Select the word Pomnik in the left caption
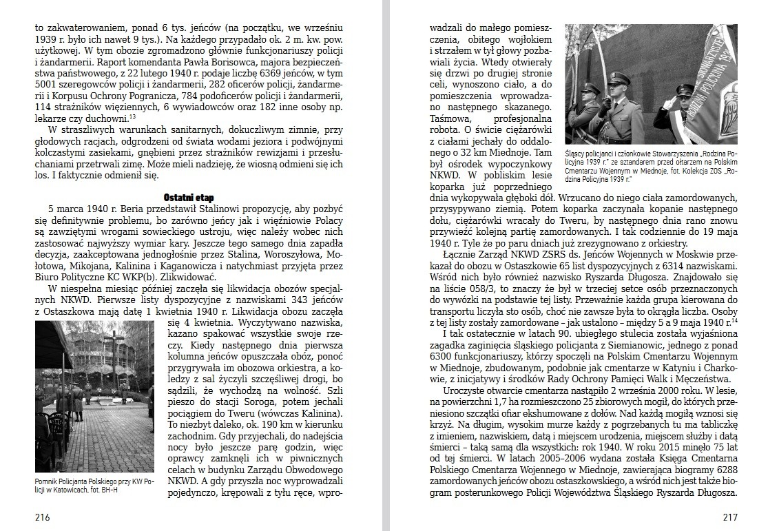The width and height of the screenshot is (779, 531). [x=48, y=480]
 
